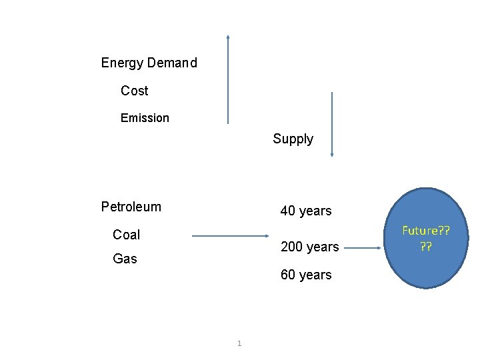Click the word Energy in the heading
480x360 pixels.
122,63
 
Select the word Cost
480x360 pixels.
135,91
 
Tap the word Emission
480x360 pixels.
145,118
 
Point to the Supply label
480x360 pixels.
293,139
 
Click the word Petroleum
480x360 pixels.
131,207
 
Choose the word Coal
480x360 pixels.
127,235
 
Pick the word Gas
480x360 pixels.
125,259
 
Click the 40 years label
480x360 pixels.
306,211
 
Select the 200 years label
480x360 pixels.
310,247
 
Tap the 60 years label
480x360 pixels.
306,275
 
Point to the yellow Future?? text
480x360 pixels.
425,231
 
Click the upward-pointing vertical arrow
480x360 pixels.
228,80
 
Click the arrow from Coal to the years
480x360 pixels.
230,236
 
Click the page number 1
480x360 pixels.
239,344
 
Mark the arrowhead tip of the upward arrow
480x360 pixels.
228,36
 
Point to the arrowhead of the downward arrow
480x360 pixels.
332,155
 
